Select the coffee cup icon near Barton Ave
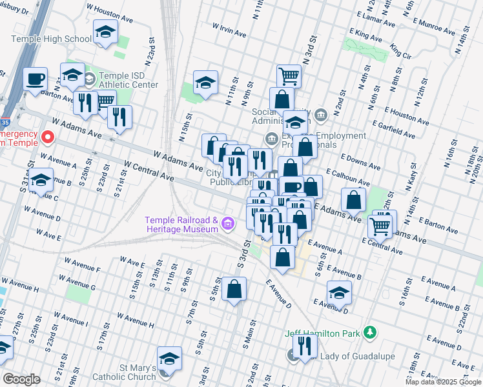tap(36, 79)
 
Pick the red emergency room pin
tap(47, 137)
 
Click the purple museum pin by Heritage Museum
tap(227, 224)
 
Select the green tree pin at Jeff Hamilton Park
tap(369, 333)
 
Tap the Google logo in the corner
tap(21, 379)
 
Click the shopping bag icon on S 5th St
tap(234, 290)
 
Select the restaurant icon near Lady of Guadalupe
tap(304, 346)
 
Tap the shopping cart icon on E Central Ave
tap(380, 226)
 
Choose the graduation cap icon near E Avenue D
tap(339, 292)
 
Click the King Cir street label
tap(400, 52)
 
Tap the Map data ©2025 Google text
tap(443, 382)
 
